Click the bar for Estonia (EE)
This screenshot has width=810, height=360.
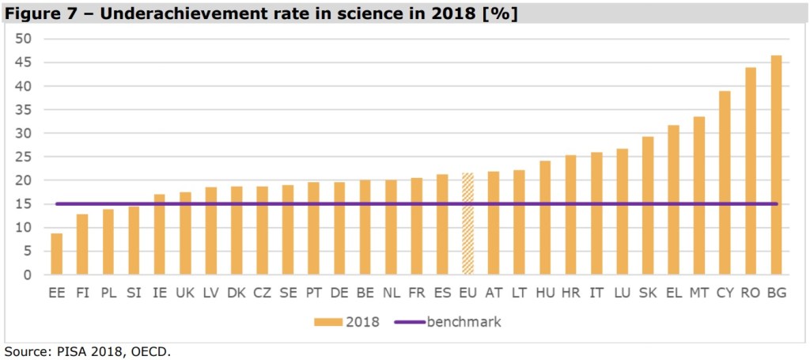click(56, 254)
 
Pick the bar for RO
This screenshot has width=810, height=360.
click(750, 171)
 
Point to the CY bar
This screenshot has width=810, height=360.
click(725, 183)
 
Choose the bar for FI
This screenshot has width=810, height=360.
click(82, 244)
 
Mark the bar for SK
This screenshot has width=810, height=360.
click(647, 206)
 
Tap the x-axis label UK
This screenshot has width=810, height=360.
click(185, 294)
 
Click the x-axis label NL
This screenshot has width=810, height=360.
click(391, 294)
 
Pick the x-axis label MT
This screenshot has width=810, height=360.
click(698, 294)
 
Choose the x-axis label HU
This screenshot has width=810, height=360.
click(545, 294)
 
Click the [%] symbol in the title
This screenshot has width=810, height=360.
click(500, 13)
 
